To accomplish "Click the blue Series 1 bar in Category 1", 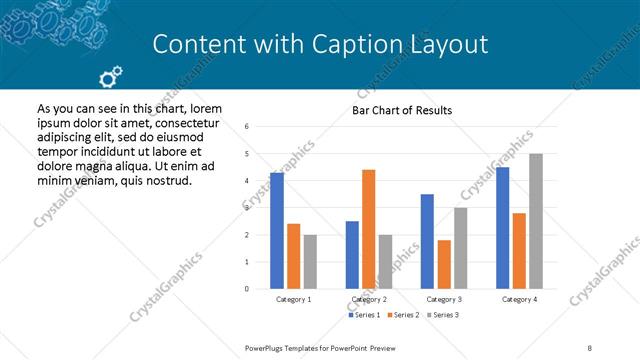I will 277,231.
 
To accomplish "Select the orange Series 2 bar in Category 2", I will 368,229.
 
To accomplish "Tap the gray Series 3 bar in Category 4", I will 536,221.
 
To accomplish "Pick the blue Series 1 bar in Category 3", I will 427,241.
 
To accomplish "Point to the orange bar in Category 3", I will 444,264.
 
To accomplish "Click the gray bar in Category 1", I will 310,262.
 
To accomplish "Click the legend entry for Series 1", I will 362,315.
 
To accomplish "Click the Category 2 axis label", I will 368,299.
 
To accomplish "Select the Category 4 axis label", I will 519,299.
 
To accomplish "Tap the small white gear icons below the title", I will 111,75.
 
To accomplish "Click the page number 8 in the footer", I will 590,346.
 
